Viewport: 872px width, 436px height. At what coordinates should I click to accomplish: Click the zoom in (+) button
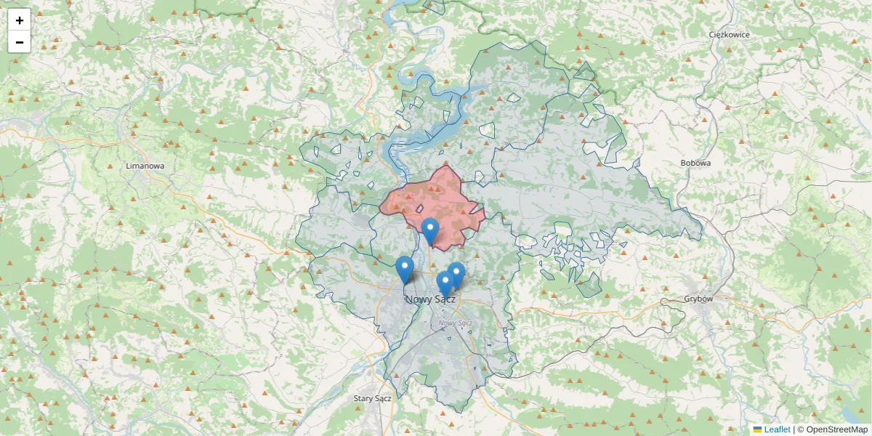20,20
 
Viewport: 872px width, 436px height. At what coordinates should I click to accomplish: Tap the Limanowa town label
145,166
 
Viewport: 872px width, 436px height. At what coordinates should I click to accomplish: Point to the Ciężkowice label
729,34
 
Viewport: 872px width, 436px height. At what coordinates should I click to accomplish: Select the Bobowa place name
695,163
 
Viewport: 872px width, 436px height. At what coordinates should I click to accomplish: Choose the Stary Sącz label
372,398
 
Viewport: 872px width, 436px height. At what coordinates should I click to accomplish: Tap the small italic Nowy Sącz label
456,323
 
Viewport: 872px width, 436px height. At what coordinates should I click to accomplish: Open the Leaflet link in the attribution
777,429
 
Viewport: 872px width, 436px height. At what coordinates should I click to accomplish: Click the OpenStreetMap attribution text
832,429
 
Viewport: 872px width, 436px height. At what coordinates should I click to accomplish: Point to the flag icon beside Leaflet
757,429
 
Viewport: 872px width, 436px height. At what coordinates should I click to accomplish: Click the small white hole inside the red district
419,209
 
